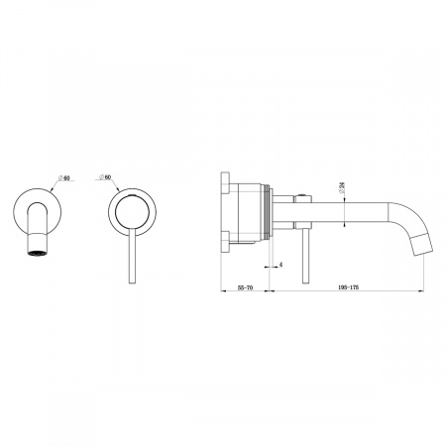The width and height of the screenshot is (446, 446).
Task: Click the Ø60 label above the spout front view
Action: (64, 177)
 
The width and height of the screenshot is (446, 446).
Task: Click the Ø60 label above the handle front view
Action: (105, 176)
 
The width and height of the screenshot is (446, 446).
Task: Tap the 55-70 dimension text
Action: (245, 287)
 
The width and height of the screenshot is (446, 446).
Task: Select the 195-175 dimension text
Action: (349, 287)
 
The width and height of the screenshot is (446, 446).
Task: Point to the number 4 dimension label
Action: (280, 265)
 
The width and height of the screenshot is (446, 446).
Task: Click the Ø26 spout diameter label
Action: (343, 187)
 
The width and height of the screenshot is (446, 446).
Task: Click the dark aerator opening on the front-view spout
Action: (37, 254)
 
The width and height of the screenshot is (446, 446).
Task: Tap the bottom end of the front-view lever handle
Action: (132, 282)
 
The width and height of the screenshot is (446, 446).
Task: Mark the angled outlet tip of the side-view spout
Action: (423, 245)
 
